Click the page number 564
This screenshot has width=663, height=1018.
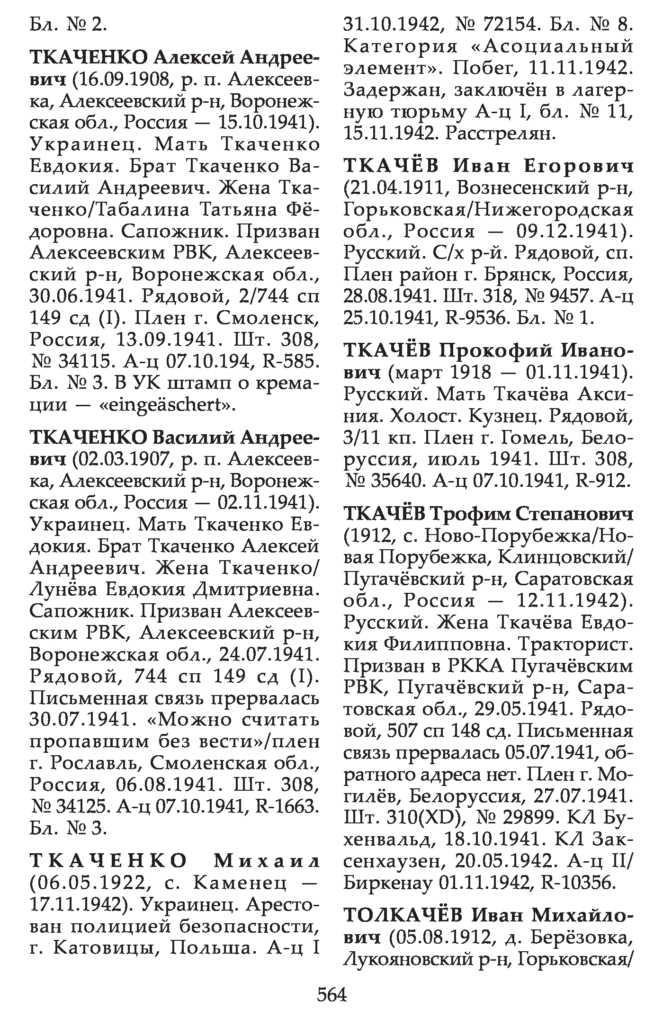click(331, 994)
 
